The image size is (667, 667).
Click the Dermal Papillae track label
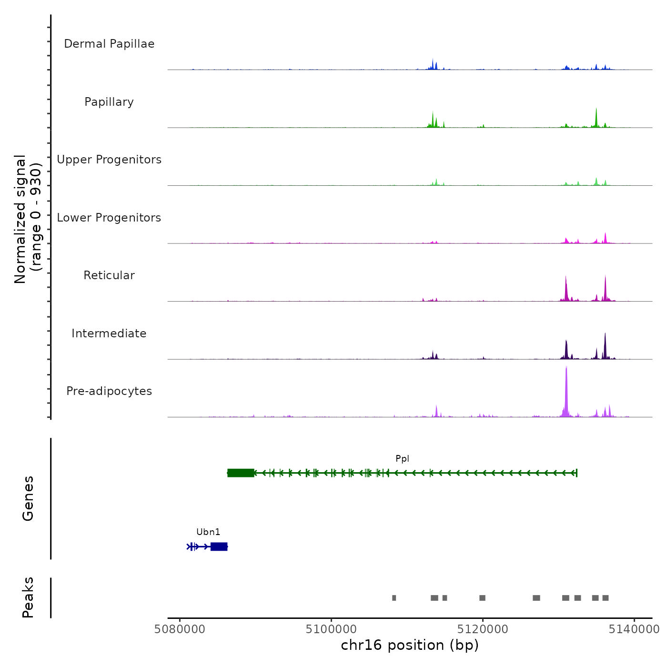tap(109, 44)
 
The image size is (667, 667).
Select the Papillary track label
tap(109, 102)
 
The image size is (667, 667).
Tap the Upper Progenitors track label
tap(109, 160)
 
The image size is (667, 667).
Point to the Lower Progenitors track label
tap(109, 218)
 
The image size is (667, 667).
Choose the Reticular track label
tap(109, 275)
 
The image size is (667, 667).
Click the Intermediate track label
tap(109, 333)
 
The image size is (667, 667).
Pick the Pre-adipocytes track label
tap(109, 391)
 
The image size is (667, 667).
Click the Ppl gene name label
tap(402, 459)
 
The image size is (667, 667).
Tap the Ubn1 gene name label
tap(208, 532)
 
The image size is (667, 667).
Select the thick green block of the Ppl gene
tap(241, 473)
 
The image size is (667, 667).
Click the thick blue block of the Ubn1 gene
tap(219, 546)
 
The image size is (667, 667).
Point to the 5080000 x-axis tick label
tap(180, 629)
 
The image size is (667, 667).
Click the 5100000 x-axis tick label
tap(332, 629)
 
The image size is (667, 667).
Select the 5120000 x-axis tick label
tap(483, 629)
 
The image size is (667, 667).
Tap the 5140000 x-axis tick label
tap(634, 629)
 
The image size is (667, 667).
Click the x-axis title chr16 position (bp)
tap(410, 645)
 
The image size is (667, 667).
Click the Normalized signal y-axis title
tap(27, 219)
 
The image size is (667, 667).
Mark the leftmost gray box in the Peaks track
tap(394, 598)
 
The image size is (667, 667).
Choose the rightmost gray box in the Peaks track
tap(606, 598)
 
